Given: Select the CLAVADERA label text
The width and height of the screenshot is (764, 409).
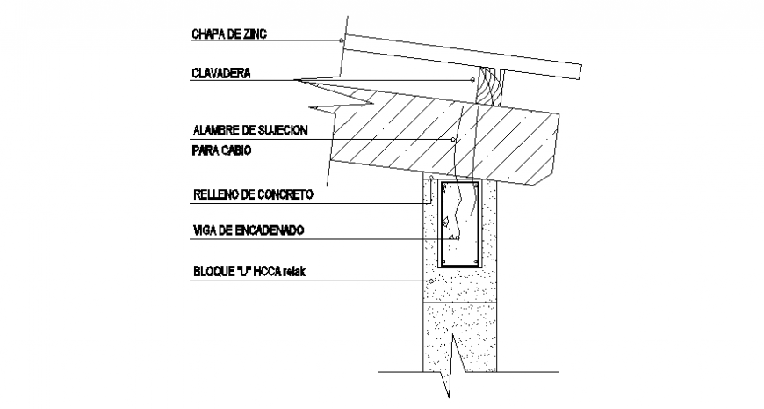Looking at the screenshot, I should point(221,75).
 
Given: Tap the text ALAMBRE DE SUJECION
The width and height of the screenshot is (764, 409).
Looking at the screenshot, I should point(249,131).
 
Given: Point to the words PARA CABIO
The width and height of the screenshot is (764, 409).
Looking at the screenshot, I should point(220,150).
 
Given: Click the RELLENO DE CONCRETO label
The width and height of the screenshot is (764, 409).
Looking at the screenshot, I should point(253,194).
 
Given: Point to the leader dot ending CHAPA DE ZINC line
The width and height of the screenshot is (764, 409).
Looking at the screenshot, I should point(341,40).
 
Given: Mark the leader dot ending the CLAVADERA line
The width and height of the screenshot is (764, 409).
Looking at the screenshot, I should point(472,81).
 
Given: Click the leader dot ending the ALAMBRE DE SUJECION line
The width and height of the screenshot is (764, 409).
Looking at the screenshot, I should point(453,140).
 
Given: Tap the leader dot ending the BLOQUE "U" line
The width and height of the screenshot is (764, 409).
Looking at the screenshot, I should point(430,281).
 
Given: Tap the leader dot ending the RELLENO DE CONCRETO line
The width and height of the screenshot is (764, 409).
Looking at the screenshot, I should point(432,179).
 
